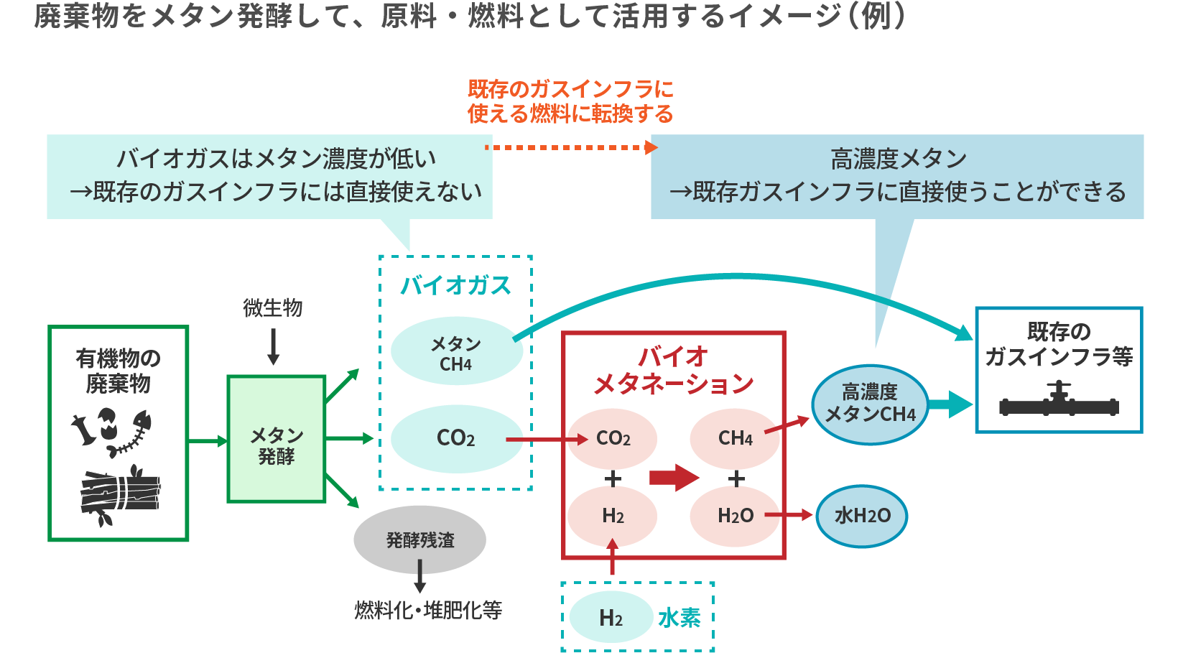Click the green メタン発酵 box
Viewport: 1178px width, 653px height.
[x=277, y=438]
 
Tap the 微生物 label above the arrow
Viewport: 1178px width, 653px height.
[x=272, y=307]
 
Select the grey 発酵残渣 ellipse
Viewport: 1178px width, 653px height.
[x=419, y=539]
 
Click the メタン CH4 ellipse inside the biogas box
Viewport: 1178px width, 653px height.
[x=456, y=352]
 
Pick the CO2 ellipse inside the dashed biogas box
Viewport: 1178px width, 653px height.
[x=456, y=438]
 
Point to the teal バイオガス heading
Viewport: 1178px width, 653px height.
[x=455, y=285]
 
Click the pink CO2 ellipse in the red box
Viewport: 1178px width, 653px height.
[x=613, y=438]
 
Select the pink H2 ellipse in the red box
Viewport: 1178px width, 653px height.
[x=613, y=516]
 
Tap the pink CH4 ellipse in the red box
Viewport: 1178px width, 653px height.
[x=735, y=438]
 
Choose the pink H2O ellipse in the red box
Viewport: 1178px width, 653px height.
[x=735, y=516]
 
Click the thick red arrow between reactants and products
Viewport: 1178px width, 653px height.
[x=674, y=478]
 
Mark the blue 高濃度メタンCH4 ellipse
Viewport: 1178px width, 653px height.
[x=870, y=404]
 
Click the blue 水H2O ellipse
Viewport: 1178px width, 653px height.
[x=862, y=516]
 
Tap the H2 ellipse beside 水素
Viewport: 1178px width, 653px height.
[x=611, y=617]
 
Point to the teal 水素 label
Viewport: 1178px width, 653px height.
[x=679, y=617]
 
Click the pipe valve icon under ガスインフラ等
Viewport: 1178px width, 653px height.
[x=1059, y=402]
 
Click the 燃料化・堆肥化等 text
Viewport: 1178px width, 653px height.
[x=428, y=610]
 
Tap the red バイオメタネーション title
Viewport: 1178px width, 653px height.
[x=673, y=370]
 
